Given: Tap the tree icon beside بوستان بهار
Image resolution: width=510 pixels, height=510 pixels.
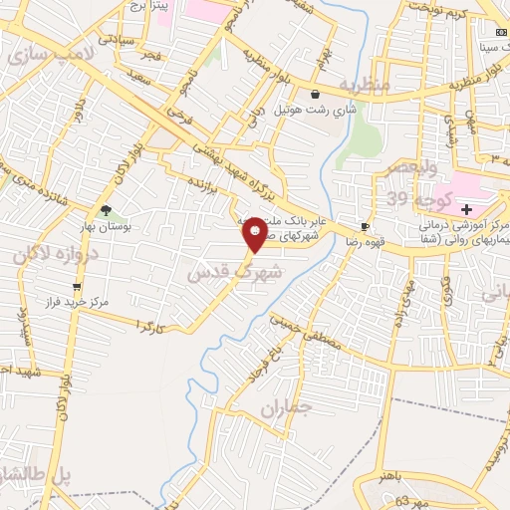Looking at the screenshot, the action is click(106, 210).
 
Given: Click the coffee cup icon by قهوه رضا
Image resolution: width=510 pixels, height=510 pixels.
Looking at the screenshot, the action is click(365, 227).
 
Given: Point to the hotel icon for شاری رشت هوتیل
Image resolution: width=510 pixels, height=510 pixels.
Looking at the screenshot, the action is click(315, 95).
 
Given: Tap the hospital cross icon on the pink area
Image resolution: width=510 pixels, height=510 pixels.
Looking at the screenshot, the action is click(466, 208).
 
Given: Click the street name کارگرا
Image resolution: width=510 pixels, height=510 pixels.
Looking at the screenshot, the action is click(146, 326).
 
